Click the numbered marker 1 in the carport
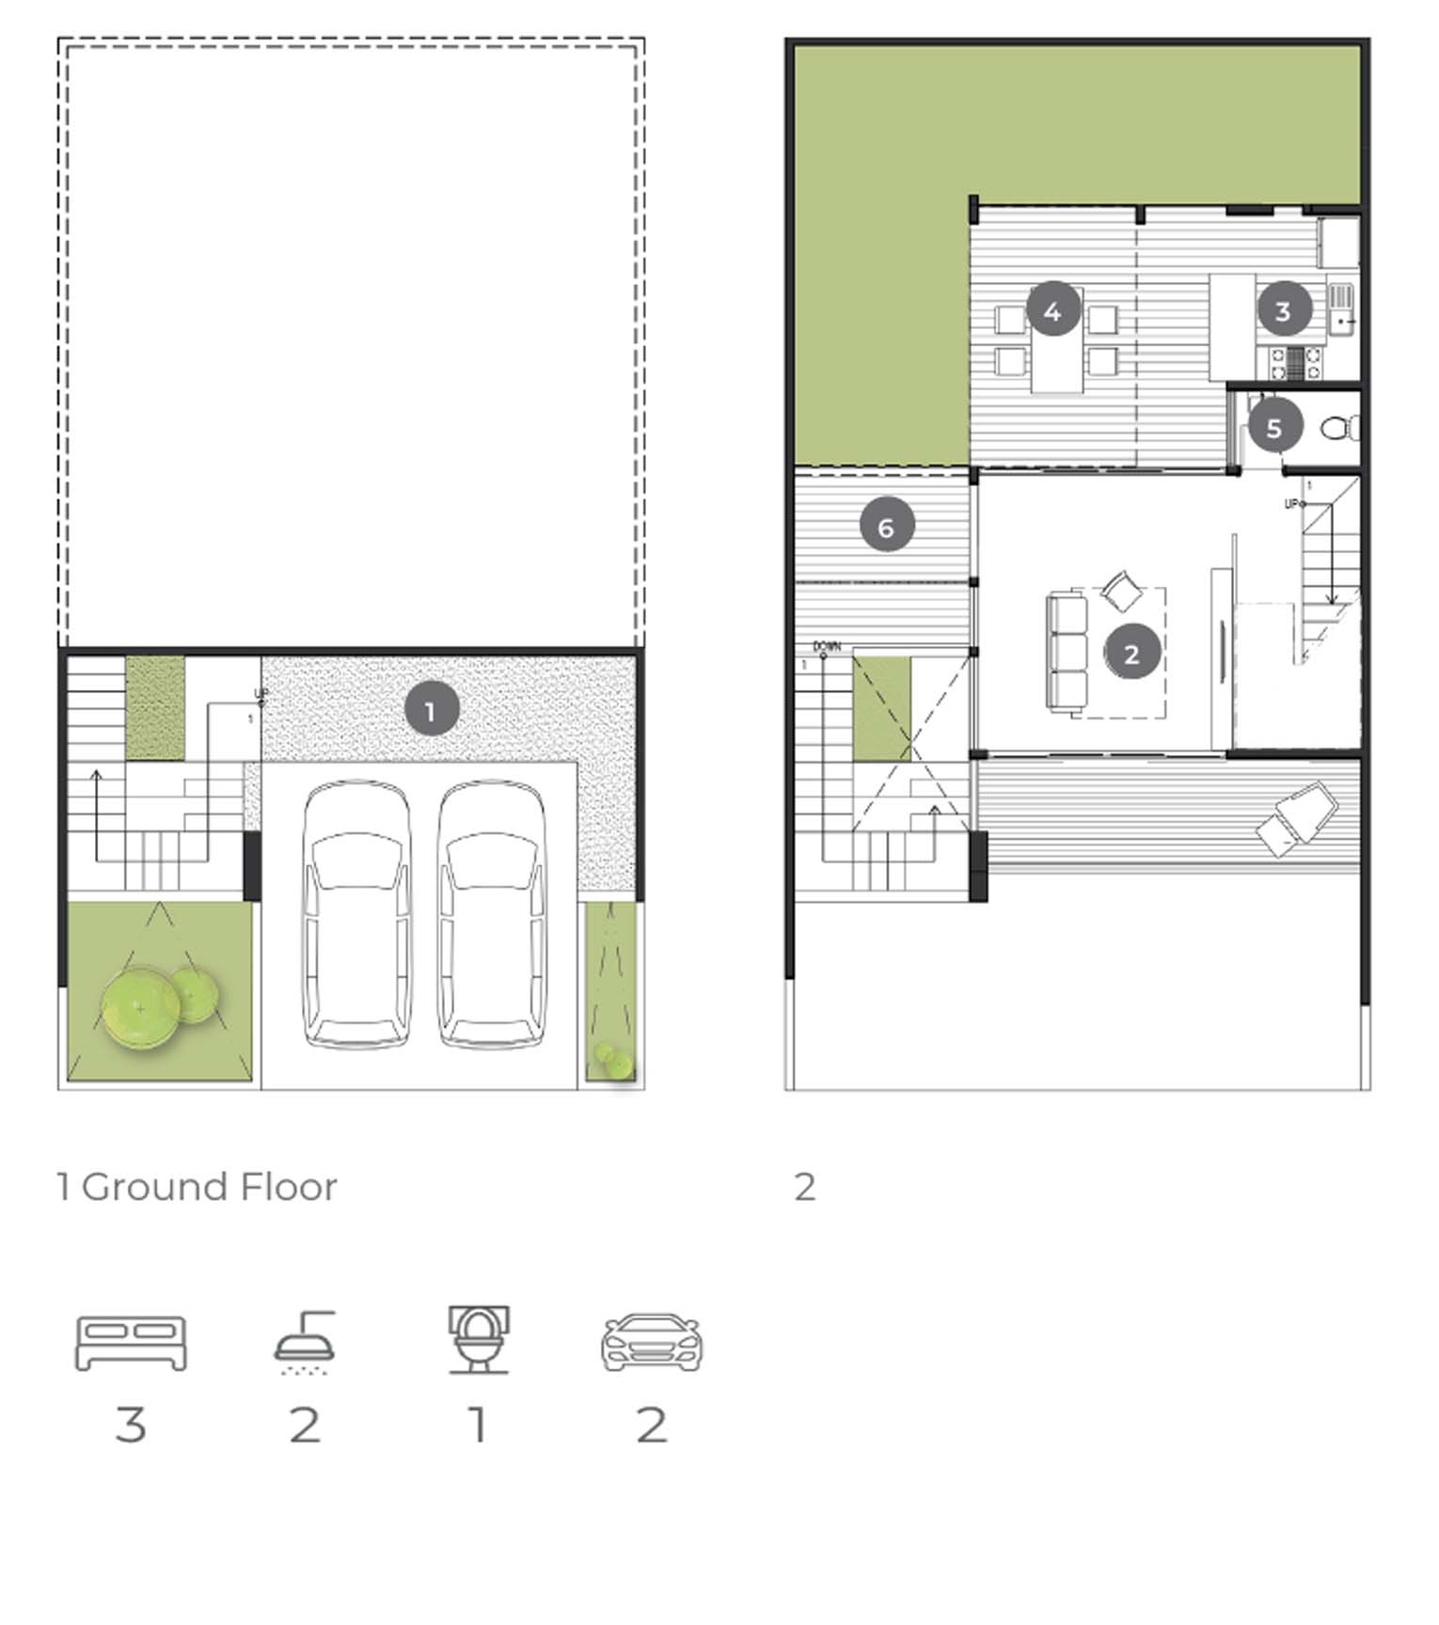432,711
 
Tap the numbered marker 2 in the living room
1131,653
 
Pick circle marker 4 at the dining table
1053,309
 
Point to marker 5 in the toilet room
1274,428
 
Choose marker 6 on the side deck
887,526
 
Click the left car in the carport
356,915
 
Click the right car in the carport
492,915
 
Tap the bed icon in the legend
131,1343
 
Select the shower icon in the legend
305,1343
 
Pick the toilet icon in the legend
479,1340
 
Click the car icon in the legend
652,1342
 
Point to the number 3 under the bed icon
131,1424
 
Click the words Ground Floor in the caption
209,1187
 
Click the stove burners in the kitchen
1295,363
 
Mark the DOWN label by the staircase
827,647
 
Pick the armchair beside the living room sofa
1120,592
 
